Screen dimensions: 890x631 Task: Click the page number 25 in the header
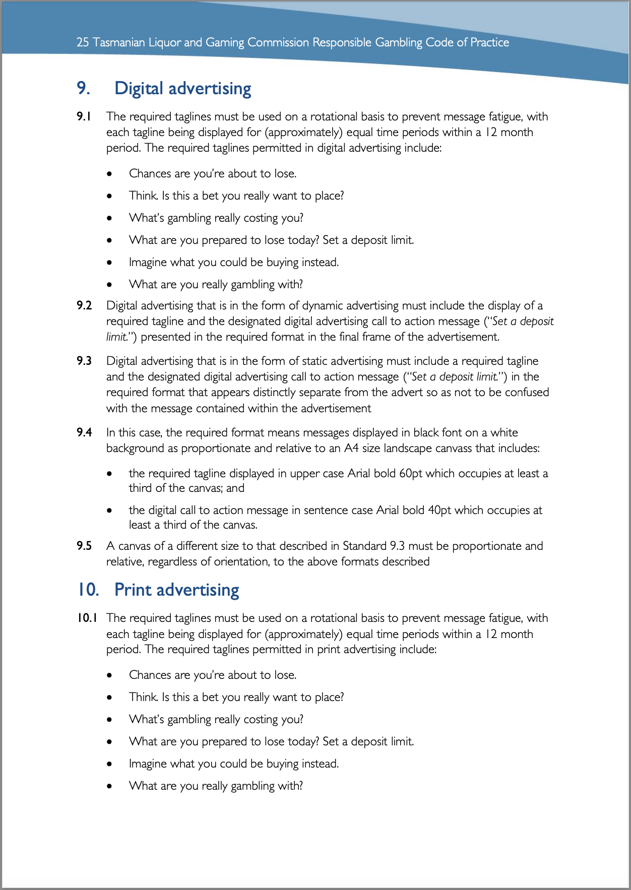83,42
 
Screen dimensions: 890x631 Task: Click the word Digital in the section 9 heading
139,89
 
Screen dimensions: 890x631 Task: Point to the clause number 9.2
84,305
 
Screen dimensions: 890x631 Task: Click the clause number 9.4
84,432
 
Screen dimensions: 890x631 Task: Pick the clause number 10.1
87,618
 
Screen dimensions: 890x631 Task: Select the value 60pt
411,473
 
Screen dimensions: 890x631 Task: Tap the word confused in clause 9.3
525,392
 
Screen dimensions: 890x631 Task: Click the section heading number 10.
88,590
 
